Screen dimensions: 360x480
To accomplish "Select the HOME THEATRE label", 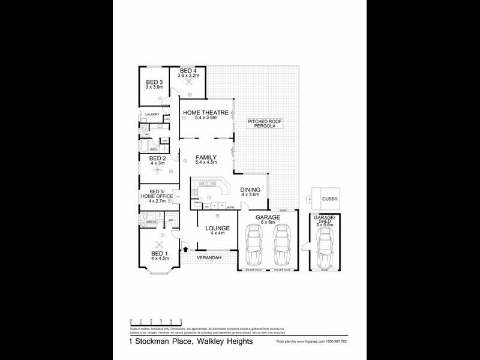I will coord(206,113).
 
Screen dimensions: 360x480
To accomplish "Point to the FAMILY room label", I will coord(206,158).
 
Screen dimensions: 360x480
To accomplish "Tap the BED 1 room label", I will coord(159,254).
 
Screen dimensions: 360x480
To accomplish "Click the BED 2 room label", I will coord(157,159).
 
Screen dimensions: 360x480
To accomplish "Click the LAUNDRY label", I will coord(152,114).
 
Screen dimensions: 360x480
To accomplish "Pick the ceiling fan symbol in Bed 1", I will coord(159,244).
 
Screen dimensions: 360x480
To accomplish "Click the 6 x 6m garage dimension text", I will coord(268,222).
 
